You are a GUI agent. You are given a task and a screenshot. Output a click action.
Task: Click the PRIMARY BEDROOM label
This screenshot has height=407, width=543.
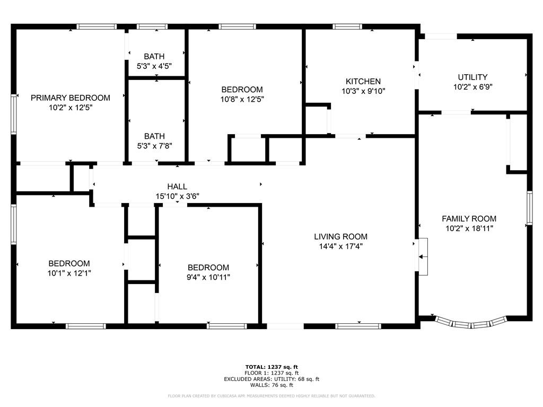pos(71,98)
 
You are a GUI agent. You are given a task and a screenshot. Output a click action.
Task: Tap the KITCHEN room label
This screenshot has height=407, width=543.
pos(363,81)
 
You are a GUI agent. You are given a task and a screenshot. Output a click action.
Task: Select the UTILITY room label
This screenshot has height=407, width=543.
pos(472,77)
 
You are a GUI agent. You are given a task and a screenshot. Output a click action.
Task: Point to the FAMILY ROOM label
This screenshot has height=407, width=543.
pos(469,219)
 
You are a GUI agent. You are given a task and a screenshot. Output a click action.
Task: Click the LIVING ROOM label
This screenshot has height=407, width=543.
pos(341,237)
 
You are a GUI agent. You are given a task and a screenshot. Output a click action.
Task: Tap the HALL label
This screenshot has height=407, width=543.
pos(177,187)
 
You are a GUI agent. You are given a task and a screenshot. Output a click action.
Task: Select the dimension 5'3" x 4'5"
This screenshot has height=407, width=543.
pos(154,66)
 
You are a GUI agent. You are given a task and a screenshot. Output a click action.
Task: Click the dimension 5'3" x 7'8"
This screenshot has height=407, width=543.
pos(154,146)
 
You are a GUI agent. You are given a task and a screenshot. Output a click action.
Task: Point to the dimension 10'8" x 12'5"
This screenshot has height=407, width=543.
pos(242,99)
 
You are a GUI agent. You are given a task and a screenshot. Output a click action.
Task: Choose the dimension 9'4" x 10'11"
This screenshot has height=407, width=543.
pos(208,277)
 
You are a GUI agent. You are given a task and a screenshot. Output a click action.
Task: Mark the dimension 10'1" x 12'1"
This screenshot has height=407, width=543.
pos(69,273)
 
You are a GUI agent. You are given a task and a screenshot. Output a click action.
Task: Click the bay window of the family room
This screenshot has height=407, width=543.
pos(471,323)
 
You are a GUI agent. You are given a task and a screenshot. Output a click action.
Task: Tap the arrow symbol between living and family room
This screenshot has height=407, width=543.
pos(423,257)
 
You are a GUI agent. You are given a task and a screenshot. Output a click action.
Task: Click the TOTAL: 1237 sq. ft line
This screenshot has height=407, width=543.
pos(271,367)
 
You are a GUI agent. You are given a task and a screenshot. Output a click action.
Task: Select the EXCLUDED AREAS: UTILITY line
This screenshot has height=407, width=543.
pos(271,379)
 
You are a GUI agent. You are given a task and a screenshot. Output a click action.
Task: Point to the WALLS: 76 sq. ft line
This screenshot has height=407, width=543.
pos(271,385)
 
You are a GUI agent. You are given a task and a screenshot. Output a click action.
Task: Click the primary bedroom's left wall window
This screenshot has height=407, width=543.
pos(13,114)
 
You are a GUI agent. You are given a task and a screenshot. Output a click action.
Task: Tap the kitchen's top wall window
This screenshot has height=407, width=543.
pos(347,26)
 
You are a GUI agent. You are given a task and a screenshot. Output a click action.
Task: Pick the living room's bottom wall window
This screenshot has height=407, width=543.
pos(358,326)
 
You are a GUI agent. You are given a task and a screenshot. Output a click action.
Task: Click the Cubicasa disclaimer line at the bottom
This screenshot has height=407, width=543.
pos(271,396)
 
